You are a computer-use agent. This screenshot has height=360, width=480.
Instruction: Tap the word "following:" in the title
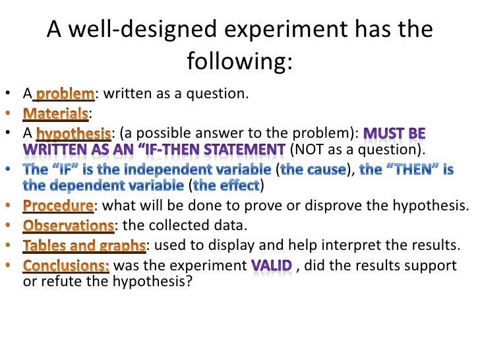click(239, 63)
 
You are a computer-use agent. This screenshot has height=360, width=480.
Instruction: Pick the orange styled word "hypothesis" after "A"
click(73, 133)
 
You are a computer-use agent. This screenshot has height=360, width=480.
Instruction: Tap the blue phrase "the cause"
click(313, 169)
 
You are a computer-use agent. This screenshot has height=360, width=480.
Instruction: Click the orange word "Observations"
click(69, 225)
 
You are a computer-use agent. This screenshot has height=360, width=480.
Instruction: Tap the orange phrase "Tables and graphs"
click(84, 246)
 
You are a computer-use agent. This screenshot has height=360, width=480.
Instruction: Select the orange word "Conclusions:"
click(67, 266)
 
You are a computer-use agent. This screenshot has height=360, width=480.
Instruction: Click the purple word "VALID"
click(270, 266)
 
